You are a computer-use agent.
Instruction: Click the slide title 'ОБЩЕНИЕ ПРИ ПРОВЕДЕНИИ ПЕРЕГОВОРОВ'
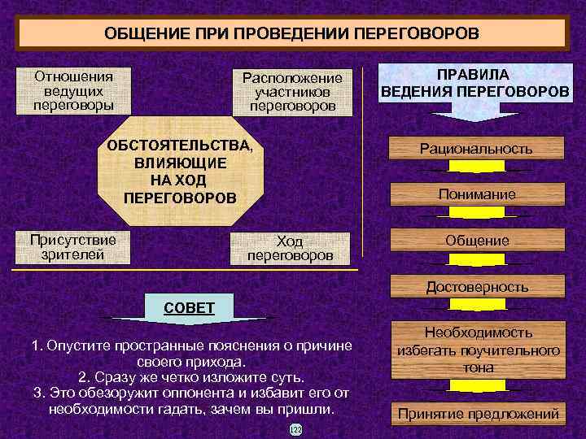(292, 34)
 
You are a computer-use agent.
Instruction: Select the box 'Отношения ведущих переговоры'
(74, 91)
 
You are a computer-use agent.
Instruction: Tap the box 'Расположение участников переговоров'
(291, 92)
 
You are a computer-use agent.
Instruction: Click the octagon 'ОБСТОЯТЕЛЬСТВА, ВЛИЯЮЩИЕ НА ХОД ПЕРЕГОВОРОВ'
(180, 172)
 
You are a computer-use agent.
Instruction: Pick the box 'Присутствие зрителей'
(73, 247)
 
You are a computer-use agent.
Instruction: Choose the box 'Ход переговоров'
(290, 248)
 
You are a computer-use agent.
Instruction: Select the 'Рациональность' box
(476, 149)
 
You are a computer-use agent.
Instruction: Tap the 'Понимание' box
(476, 194)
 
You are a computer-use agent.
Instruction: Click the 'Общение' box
(476, 241)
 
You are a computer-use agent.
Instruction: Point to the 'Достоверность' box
(476, 286)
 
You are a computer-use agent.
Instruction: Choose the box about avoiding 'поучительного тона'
(478, 350)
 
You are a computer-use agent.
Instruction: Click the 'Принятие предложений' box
(478, 415)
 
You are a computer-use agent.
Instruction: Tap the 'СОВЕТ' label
(189, 307)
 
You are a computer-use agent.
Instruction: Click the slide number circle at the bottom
(295, 428)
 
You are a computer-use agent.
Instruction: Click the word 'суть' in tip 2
(288, 378)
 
